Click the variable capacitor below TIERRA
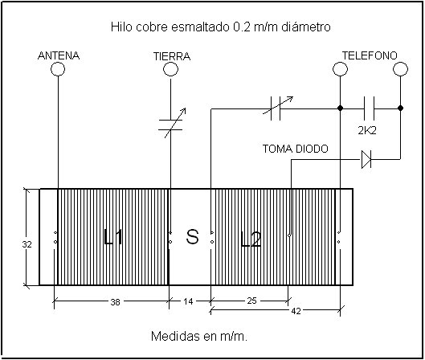point(171,125)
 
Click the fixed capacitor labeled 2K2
point(370,108)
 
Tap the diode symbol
point(366,159)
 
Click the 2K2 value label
point(367,131)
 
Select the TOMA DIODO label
point(296,149)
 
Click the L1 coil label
point(113,237)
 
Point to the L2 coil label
point(251,239)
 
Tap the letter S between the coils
point(193,236)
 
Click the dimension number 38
point(115,302)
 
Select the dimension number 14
point(188,301)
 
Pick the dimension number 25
point(251,301)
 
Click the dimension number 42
point(296,311)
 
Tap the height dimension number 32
point(27,244)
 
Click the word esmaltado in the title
point(200,27)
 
